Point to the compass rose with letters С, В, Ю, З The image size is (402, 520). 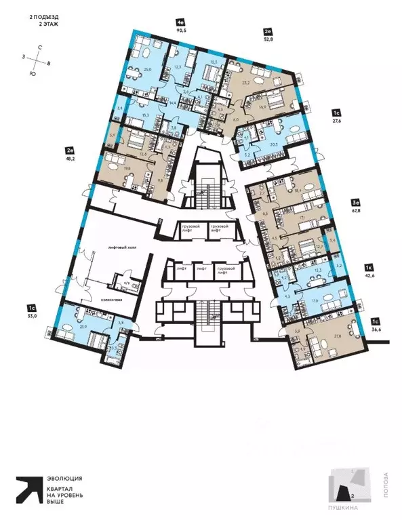39,59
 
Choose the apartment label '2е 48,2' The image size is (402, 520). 69,152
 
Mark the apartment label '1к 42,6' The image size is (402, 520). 370,273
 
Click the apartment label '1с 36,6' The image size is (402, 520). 376,325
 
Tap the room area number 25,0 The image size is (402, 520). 146,68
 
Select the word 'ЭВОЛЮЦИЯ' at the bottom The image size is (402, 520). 65,478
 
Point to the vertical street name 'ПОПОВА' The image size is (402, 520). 386,484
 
